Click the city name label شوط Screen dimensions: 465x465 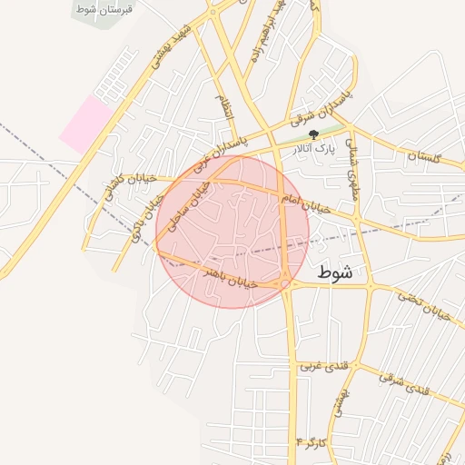point(337,272)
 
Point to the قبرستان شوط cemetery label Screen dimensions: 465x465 point(103,7)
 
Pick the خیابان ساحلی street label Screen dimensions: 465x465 point(192,204)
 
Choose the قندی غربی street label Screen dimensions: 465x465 point(321,366)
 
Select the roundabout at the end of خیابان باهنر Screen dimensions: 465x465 point(286,284)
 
